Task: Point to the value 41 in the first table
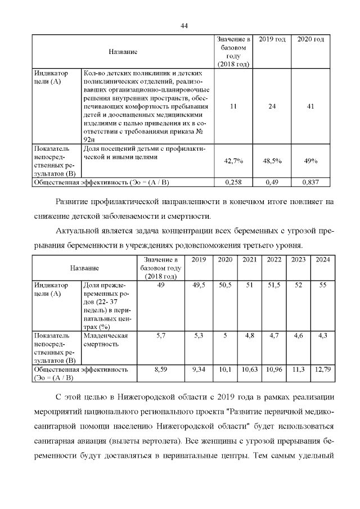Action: click(310, 106)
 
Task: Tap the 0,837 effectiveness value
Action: click(310, 182)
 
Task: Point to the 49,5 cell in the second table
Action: click(199, 285)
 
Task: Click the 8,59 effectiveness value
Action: click(161, 370)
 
